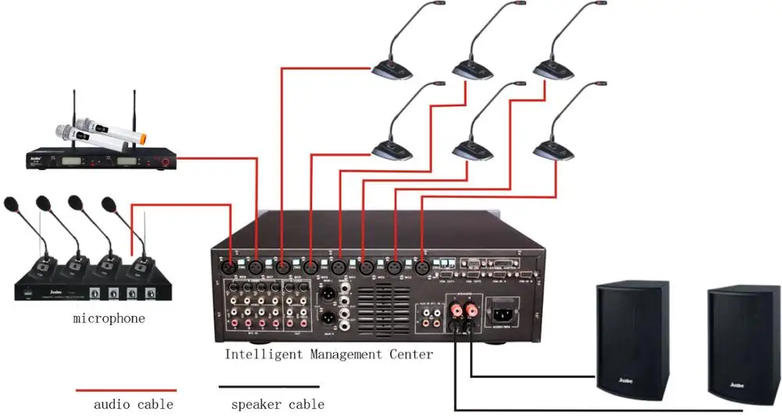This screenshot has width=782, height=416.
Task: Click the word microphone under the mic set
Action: pyautogui.click(x=109, y=318)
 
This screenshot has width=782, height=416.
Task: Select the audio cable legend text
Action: pyautogui.click(x=134, y=404)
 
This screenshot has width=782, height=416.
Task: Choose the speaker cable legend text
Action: pyautogui.click(x=278, y=404)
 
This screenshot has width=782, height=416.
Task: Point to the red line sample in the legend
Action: pyautogui.click(x=125, y=389)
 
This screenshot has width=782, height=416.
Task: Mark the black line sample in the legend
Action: pyautogui.click(x=269, y=386)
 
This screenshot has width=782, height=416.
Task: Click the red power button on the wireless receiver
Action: pyautogui.click(x=164, y=163)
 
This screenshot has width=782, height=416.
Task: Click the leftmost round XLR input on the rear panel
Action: pyautogui.click(x=231, y=266)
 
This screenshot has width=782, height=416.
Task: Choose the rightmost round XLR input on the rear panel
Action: pyautogui.click(x=423, y=266)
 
